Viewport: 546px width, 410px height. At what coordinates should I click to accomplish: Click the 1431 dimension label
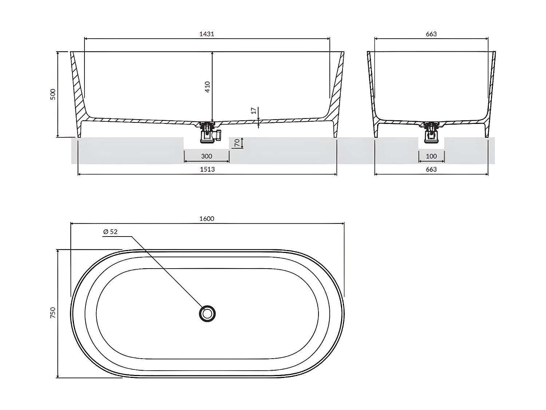pyautogui.click(x=206, y=34)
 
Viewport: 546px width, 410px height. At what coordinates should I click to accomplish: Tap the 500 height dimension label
pyautogui.click(x=53, y=94)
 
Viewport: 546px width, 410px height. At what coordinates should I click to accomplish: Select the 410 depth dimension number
pyautogui.click(x=207, y=87)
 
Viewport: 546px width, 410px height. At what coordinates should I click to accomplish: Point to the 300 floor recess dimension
pyautogui.click(x=206, y=156)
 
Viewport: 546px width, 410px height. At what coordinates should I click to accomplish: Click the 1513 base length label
pyautogui.click(x=207, y=169)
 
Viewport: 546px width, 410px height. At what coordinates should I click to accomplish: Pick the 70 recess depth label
pyautogui.click(x=237, y=142)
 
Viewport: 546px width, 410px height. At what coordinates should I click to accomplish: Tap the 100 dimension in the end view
pyautogui.click(x=431, y=156)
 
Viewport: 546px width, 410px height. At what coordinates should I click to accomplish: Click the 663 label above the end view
pyautogui.click(x=431, y=34)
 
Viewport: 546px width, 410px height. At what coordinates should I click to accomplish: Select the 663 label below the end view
pyautogui.click(x=431, y=169)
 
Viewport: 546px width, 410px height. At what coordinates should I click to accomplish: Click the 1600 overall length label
pyautogui.click(x=207, y=219)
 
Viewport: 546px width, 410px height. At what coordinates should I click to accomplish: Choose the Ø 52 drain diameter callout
pyautogui.click(x=110, y=231)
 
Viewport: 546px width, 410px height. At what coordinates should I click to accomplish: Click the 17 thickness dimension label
pyautogui.click(x=254, y=110)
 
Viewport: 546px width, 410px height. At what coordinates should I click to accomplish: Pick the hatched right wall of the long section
pyautogui.click(x=337, y=91)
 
